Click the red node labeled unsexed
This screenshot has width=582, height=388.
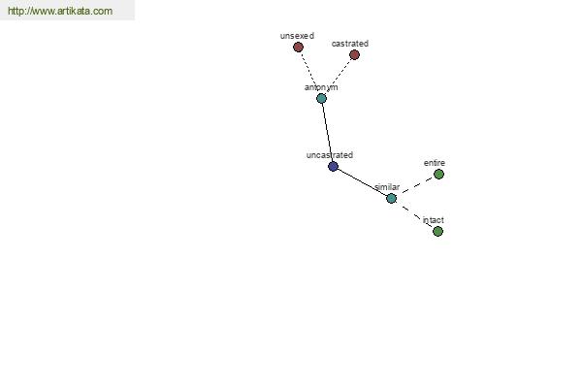click(x=298, y=48)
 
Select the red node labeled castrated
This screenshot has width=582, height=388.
click(x=354, y=55)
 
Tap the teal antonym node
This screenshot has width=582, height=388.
click(x=321, y=98)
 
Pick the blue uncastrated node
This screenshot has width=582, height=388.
click(x=334, y=166)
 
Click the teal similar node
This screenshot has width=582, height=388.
click(x=391, y=198)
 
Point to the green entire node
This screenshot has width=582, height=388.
click(x=438, y=175)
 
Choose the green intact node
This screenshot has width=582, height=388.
click(x=438, y=231)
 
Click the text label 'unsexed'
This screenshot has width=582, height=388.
click(x=297, y=36)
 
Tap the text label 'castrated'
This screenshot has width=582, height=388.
click(x=350, y=44)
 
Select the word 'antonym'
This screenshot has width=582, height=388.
click(x=321, y=87)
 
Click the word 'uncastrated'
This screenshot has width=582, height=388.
click(x=330, y=155)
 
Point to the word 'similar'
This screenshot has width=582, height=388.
click(x=387, y=187)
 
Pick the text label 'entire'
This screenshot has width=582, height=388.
click(x=435, y=163)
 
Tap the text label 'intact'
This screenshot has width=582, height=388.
click(x=434, y=220)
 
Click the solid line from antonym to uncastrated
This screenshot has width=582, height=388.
click(x=328, y=133)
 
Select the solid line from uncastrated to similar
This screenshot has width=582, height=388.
click(x=362, y=182)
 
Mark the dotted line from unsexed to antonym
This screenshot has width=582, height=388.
click(x=310, y=73)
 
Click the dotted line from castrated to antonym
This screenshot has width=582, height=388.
click(x=339, y=77)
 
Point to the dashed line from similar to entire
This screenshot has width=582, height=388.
click(x=415, y=186)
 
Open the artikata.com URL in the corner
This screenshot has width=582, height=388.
click(x=60, y=11)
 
